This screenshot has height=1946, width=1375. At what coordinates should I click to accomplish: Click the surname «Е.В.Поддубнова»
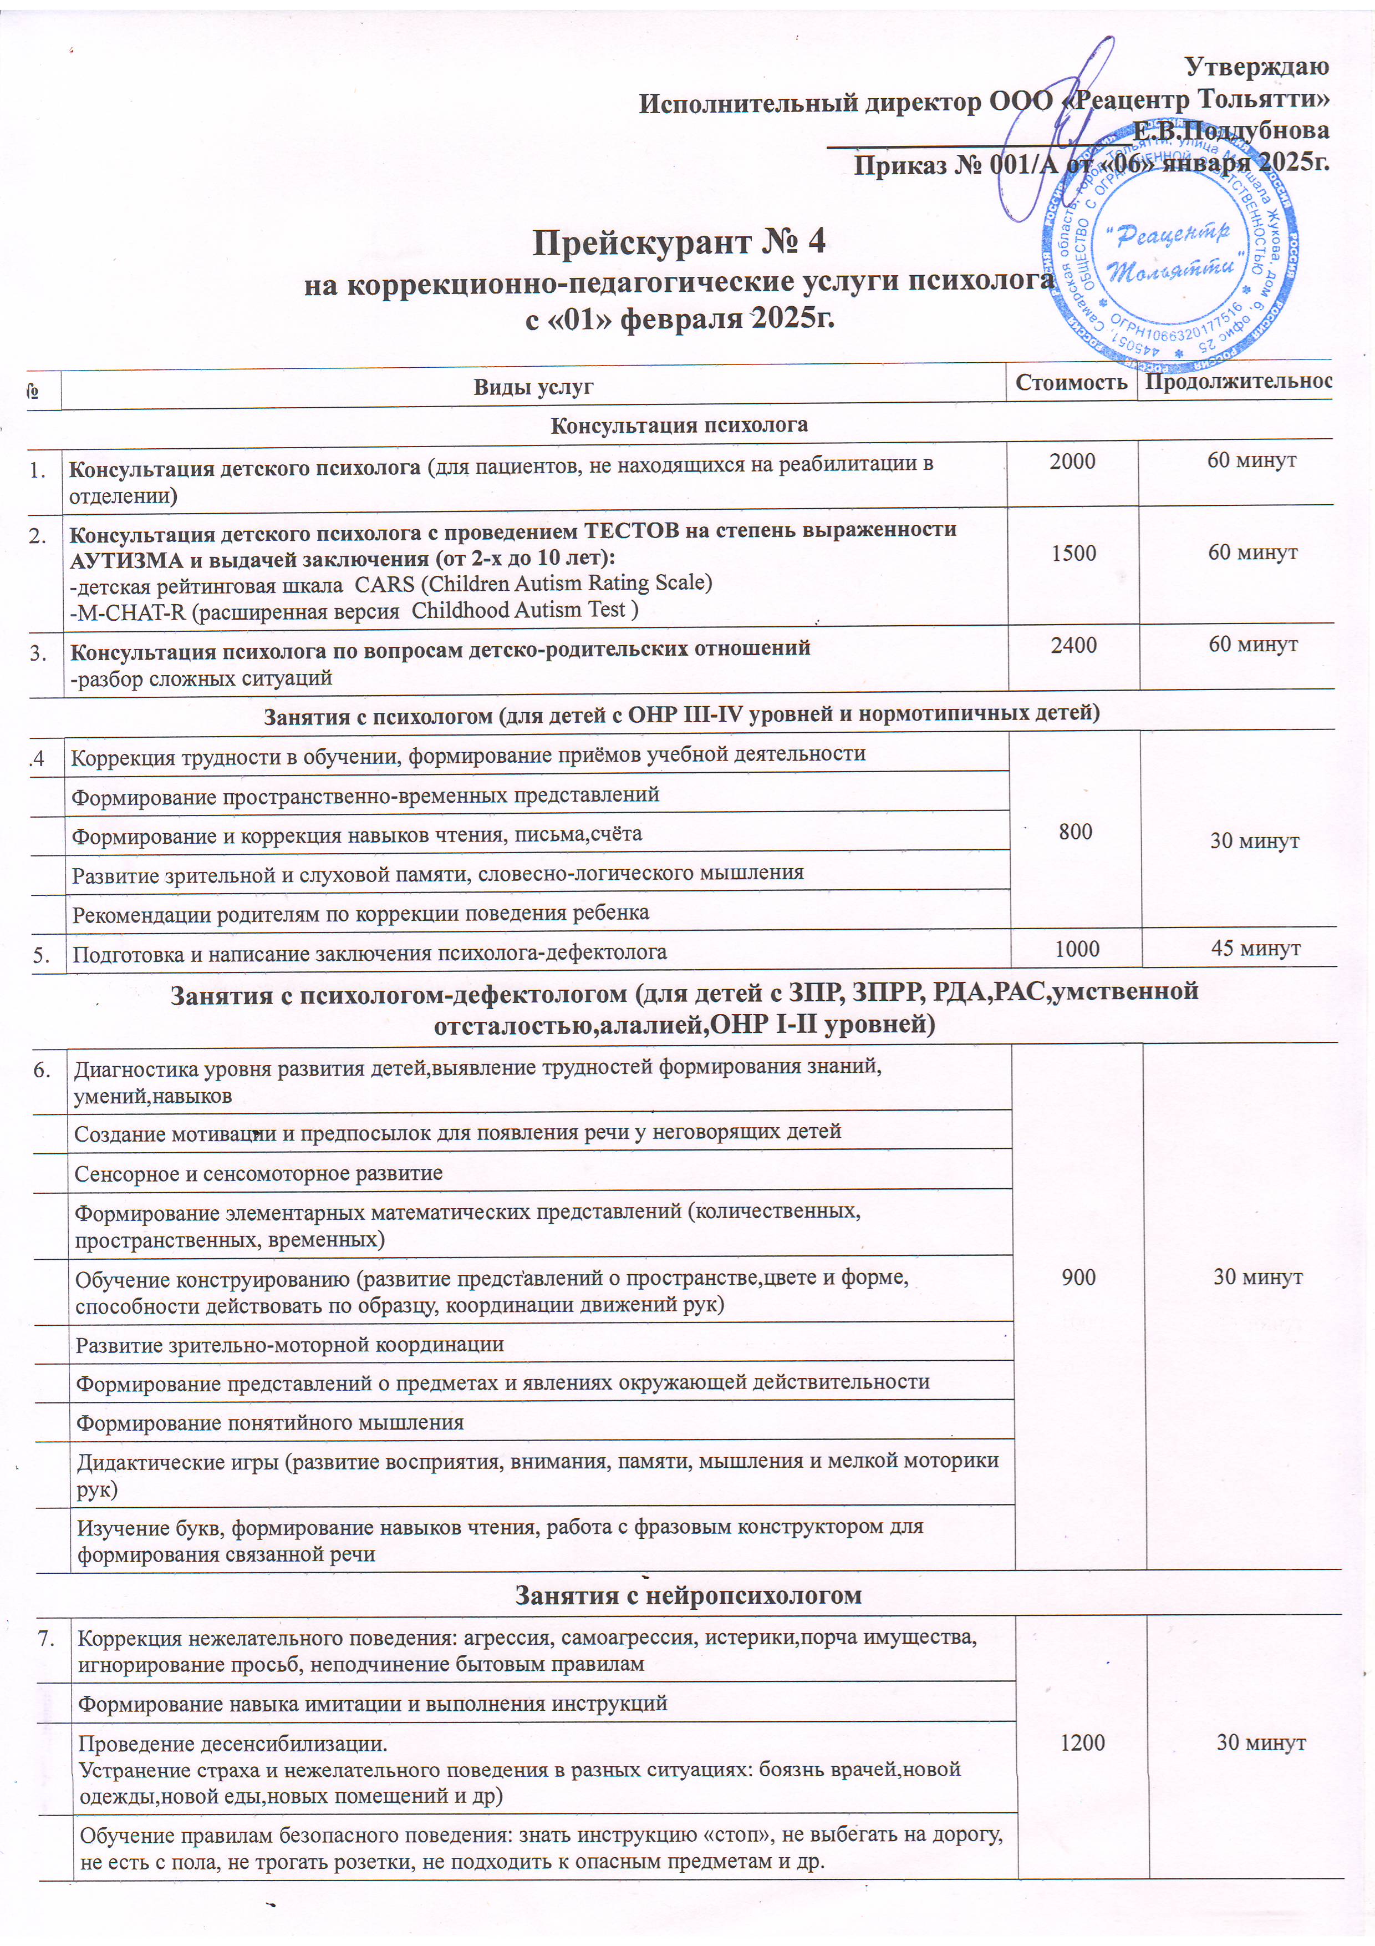[1231, 130]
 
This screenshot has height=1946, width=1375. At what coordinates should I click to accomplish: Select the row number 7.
[48, 1634]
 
